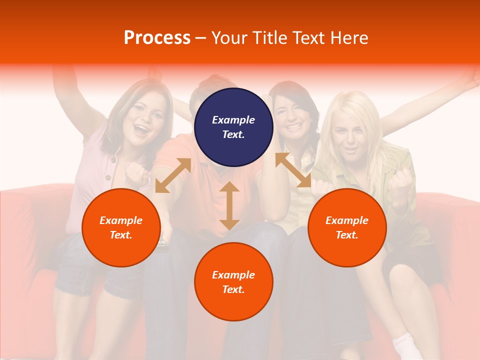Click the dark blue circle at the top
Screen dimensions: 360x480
[x=233, y=127]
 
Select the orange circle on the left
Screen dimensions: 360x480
[x=121, y=227]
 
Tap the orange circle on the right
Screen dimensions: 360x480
[x=347, y=227]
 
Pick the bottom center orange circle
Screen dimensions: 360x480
[x=233, y=281]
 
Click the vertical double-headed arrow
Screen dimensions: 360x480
[x=229, y=205]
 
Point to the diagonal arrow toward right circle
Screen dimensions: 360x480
[x=293, y=170]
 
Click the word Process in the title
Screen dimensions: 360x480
[x=157, y=37]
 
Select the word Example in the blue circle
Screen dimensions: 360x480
[x=233, y=120]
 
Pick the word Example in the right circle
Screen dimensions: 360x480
[x=347, y=220]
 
